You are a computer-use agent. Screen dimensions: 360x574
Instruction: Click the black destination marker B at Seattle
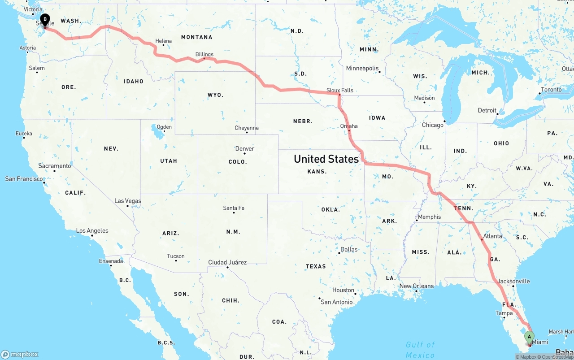(x=45, y=19)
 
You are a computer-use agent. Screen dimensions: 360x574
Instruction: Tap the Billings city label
(x=204, y=54)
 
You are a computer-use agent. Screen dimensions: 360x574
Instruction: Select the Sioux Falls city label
(x=339, y=90)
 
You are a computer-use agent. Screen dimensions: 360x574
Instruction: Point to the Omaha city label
(x=349, y=126)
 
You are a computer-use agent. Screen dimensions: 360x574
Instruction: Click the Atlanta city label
(x=493, y=236)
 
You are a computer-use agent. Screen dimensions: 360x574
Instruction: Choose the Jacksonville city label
(x=514, y=282)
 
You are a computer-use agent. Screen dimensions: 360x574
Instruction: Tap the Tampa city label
(x=504, y=313)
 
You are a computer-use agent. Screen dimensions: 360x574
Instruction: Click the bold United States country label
(x=326, y=159)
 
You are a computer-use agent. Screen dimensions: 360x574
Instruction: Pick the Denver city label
(x=245, y=148)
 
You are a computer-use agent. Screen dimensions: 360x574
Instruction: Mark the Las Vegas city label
(x=128, y=201)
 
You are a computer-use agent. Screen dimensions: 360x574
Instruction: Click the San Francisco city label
(x=24, y=179)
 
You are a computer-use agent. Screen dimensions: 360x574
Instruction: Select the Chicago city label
(x=432, y=125)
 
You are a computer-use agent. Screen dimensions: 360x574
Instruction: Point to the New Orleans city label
(x=417, y=286)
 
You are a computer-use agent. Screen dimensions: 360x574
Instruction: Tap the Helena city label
(x=164, y=41)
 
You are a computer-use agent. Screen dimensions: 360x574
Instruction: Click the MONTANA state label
(x=196, y=37)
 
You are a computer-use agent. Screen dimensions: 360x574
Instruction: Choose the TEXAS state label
(x=316, y=266)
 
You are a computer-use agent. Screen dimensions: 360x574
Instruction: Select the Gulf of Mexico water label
(x=420, y=350)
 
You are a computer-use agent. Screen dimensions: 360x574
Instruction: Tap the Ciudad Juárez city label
(x=227, y=262)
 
